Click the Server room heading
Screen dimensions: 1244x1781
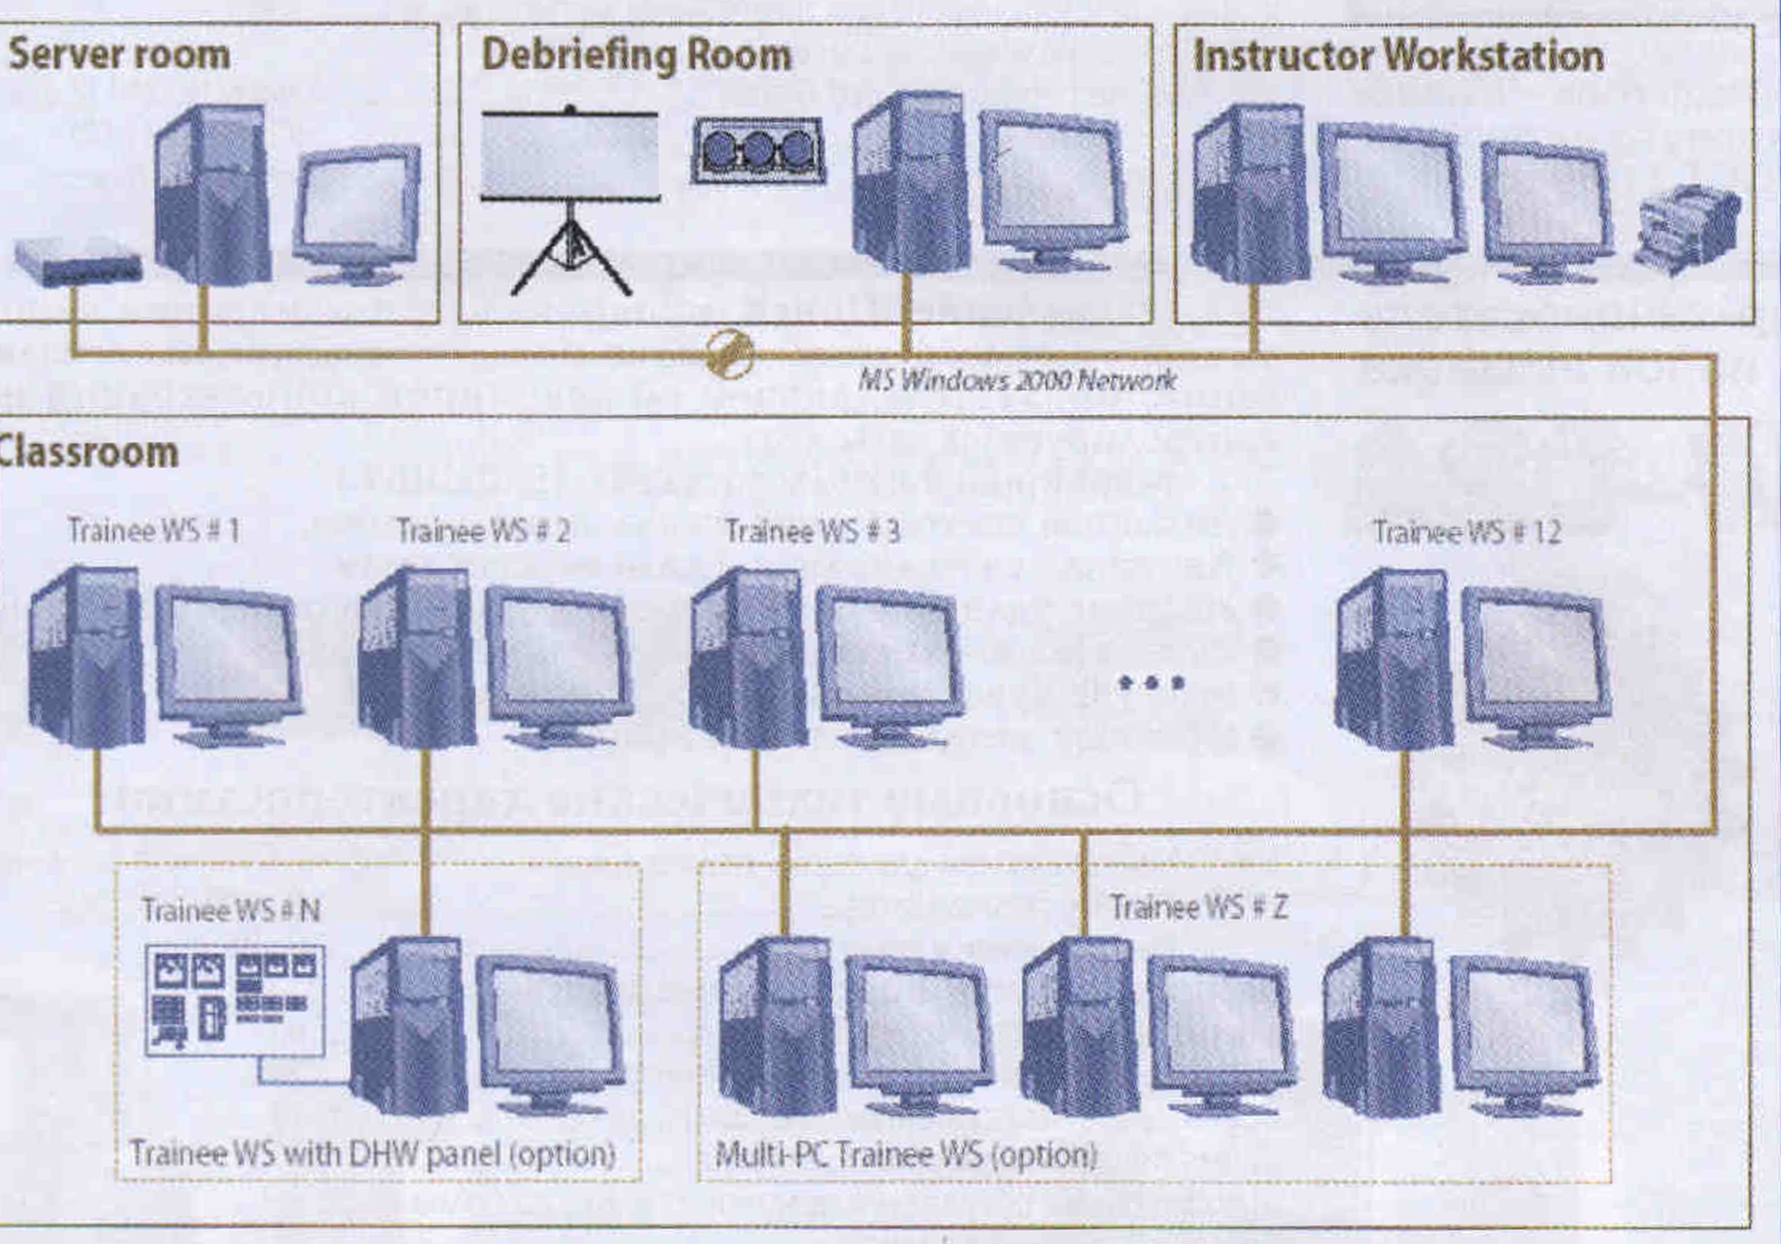pyautogui.click(x=119, y=56)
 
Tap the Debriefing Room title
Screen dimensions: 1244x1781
pyautogui.click(x=636, y=56)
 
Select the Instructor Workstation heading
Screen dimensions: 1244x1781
pyautogui.click(x=1398, y=56)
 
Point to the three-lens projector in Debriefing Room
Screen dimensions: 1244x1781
pyautogui.click(x=758, y=151)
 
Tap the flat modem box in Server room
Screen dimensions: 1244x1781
pyautogui.click(x=78, y=262)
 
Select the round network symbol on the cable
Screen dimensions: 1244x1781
pyautogui.click(x=729, y=354)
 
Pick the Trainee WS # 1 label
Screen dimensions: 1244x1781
pyautogui.click(x=154, y=530)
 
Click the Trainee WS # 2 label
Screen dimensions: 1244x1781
pyautogui.click(x=483, y=531)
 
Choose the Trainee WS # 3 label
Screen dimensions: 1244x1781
pyautogui.click(x=813, y=531)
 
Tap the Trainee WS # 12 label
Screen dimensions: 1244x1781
pyautogui.click(x=1467, y=532)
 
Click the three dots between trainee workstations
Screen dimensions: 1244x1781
pyautogui.click(x=1151, y=682)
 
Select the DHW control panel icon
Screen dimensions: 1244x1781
pyautogui.click(x=235, y=1001)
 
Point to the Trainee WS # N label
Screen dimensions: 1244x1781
pyautogui.click(x=231, y=910)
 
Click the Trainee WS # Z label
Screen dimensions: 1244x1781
pyautogui.click(x=1199, y=907)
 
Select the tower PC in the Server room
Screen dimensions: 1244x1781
pyautogui.click(x=213, y=194)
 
